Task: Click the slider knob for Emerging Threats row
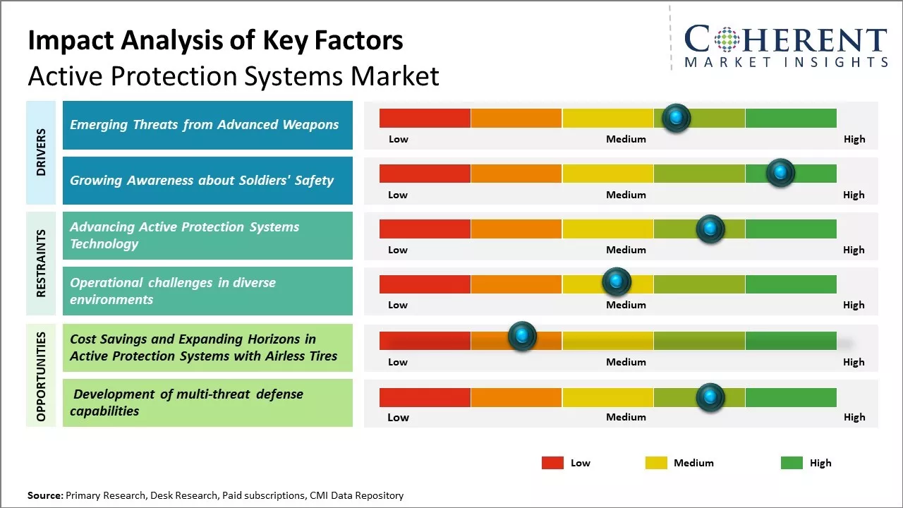(676, 118)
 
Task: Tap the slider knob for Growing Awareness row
(780, 173)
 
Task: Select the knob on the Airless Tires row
(522, 337)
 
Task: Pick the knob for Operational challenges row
(617, 282)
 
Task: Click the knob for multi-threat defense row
(710, 397)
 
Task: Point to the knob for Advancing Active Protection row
(710, 229)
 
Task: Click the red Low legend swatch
(552, 463)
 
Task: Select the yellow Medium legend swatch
(656, 463)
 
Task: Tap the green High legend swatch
(792, 463)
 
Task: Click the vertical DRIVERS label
(41, 152)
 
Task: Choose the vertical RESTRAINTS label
(41, 263)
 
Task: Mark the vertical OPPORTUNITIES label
(41, 376)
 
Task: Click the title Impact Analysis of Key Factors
(215, 40)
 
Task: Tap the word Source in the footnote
(44, 495)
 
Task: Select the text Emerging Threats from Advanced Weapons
(204, 125)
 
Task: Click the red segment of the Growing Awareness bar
(425, 174)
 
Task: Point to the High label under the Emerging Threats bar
(854, 139)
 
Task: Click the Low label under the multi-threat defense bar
(398, 417)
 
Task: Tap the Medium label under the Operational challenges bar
(626, 305)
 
